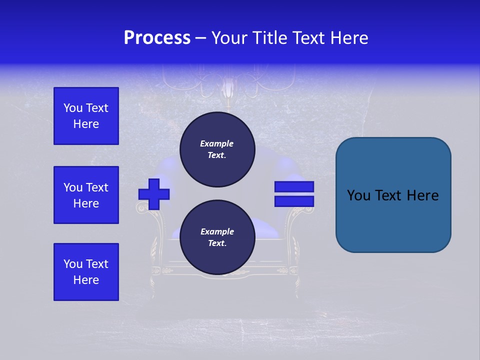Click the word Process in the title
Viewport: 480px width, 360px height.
(x=157, y=38)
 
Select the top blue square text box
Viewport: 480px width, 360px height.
(x=86, y=116)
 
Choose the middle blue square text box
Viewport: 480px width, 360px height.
(x=86, y=195)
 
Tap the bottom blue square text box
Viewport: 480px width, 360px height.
(x=86, y=272)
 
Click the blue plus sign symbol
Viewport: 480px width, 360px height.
(x=154, y=194)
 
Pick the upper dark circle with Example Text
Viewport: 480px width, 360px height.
(x=216, y=149)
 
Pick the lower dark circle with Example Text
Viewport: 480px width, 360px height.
(x=216, y=237)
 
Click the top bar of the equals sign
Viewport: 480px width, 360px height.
(x=294, y=187)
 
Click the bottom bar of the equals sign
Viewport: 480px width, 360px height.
(x=294, y=201)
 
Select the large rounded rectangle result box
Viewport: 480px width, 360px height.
(x=393, y=195)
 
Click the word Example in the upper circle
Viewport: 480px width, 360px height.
(x=216, y=144)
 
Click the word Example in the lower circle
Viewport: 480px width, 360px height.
(x=216, y=232)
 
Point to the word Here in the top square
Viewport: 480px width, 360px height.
(x=86, y=124)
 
